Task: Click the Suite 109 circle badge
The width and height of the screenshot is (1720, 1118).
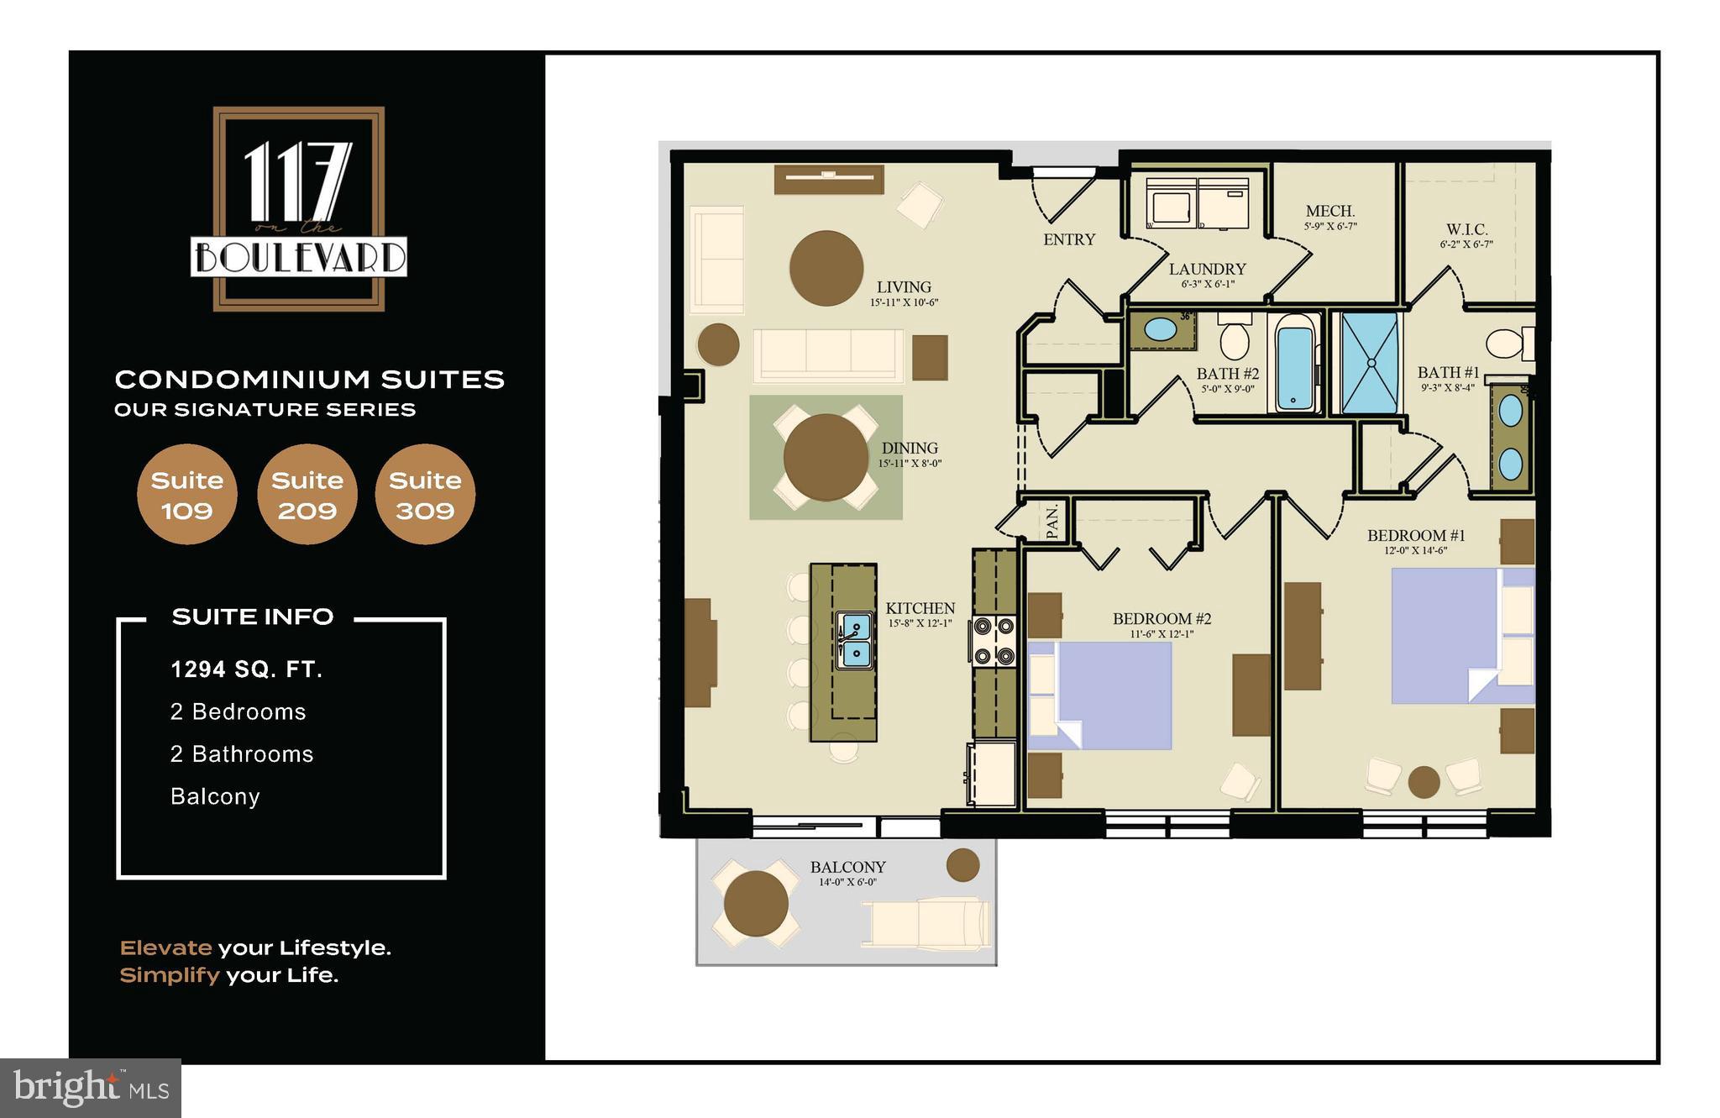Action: click(x=186, y=495)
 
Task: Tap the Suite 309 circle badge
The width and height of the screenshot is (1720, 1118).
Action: click(x=425, y=495)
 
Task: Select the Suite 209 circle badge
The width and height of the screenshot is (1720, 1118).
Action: click(x=307, y=495)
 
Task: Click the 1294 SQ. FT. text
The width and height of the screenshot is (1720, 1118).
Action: click(x=247, y=669)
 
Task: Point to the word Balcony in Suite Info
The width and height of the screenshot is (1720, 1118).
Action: click(x=215, y=796)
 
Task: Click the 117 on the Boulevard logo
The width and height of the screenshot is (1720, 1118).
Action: click(x=299, y=209)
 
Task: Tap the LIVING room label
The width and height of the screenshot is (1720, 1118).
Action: click(x=904, y=287)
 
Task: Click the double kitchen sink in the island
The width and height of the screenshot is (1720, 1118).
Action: click(x=855, y=640)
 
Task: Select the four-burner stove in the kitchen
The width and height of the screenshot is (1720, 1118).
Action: click(x=994, y=642)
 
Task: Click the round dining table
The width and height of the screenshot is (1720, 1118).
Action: click(x=826, y=458)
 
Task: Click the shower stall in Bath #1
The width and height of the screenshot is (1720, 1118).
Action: click(x=1370, y=364)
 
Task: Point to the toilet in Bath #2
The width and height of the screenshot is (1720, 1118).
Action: click(x=1235, y=339)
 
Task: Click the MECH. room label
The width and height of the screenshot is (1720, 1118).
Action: click(x=1330, y=212)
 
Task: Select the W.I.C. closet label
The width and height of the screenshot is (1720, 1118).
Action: click(x=1466, y=230)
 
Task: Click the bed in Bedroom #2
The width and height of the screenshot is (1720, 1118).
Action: click(x=1100, y=695)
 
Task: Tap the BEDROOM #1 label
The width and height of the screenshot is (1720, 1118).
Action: click(x=1416, y=536)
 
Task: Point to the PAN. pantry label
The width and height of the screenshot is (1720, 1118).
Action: click(x=1052, y=522)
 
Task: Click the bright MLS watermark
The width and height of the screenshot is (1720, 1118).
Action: click(x=91, y=1088)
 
